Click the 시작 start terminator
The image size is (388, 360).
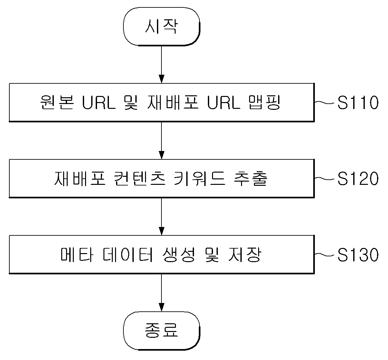(161, 27)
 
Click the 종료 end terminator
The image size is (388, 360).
(161, 331)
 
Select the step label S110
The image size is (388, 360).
(358, 102)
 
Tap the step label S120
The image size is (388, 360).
(358, 178)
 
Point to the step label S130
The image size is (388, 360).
(358, 255)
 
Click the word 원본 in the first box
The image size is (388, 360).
(57, 102)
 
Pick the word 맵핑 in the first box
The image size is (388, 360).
(265, 102)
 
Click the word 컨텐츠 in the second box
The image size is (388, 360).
(140, 178)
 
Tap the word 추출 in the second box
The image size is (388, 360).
(251, 178)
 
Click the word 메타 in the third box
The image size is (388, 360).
(77, 255)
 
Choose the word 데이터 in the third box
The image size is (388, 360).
(127, 255)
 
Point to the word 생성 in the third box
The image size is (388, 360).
(179, 255)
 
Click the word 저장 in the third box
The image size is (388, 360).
(245, 255)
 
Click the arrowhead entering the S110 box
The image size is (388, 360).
(161, 79)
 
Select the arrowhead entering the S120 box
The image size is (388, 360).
(161, 155)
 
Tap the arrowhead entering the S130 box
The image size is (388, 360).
(161, 231)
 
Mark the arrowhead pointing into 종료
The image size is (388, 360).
(161, 307)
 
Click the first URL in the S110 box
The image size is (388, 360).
(99, 102)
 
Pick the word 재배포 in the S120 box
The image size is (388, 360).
(80, 178)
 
